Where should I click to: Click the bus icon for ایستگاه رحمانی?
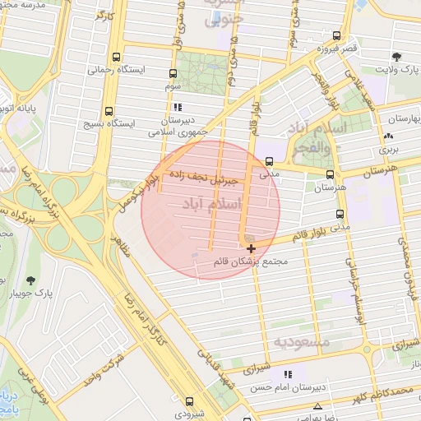point(115,58)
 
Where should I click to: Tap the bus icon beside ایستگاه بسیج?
point(109,112)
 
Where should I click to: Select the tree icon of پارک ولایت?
point(397,58)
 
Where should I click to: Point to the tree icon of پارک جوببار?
point(31,281)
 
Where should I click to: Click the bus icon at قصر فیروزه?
point(337,36)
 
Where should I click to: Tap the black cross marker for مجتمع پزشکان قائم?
point(251,248)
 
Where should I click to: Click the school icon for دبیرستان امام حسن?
point(287,375)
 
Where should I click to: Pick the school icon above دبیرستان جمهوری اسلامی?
point(177,107)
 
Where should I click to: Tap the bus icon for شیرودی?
point(190,402)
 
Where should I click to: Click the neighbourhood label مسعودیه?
point(302,340)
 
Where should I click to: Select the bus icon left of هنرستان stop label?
point(330,174)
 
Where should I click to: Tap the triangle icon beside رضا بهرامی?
point(317,406)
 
